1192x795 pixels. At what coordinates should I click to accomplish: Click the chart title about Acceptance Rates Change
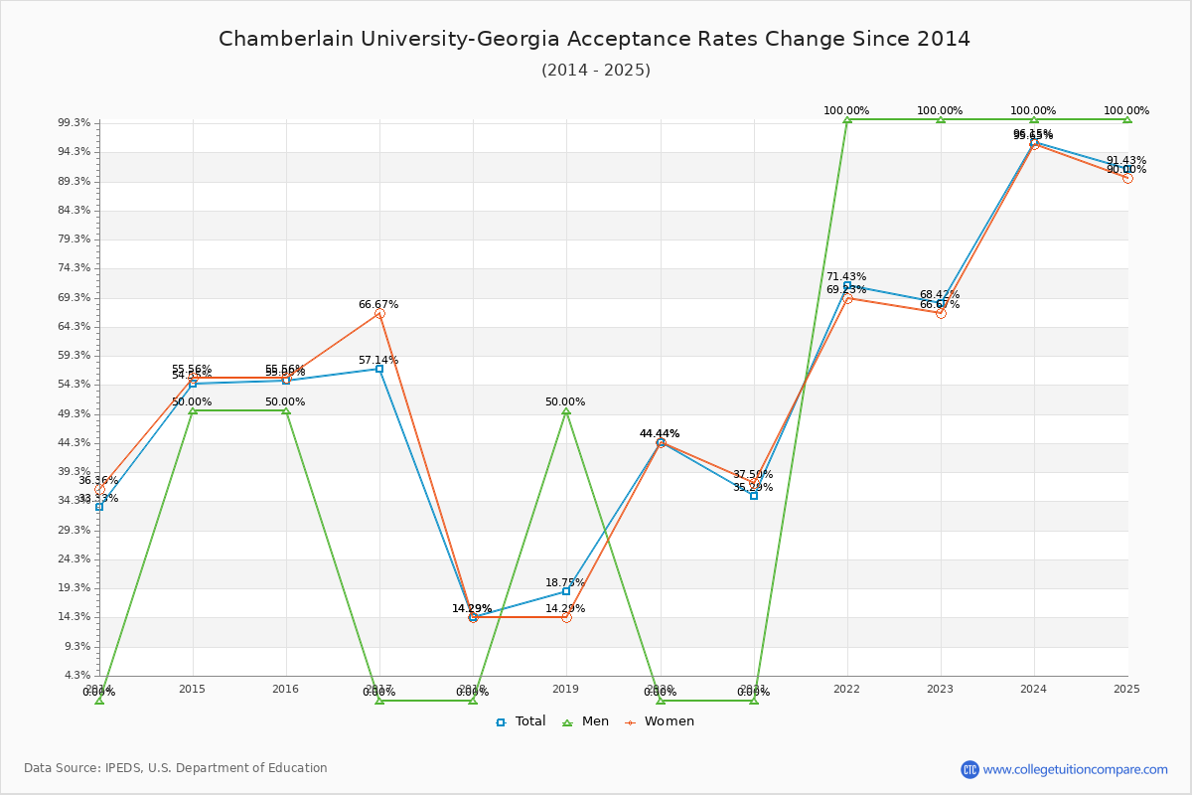(x=594, y=39)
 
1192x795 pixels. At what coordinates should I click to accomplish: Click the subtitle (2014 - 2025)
(x=595, y=70)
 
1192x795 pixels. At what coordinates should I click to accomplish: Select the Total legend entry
(x=521, y=721)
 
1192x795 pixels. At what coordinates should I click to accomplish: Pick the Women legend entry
(x=660, y=721)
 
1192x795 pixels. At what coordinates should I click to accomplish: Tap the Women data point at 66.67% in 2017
(x=379, y=314)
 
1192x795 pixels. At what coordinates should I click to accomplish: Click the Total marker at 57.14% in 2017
(x=379, y=369)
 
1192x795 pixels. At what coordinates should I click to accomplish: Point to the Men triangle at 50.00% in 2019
(x=566, y=410)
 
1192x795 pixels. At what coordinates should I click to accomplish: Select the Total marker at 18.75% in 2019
(x=566, y=591)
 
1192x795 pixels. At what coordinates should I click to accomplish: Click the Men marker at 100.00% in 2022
(x=847, y=119)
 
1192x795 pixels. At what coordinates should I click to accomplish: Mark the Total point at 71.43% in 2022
(x=847, y=285)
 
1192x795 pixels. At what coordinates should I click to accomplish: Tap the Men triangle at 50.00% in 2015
(x=193, y=410)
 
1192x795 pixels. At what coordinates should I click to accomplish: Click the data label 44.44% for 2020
(x=660, y=433)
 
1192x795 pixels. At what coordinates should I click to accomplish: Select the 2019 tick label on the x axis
(x=566, y=689)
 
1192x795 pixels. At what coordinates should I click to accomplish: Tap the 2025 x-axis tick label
(x=1126, y=689)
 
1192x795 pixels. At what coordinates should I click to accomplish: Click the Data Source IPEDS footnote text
(x=176, y=768)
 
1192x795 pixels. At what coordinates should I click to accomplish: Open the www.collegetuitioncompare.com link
(x=1075, y=769)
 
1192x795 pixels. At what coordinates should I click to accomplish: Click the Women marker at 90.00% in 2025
(x=1127, y=178)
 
